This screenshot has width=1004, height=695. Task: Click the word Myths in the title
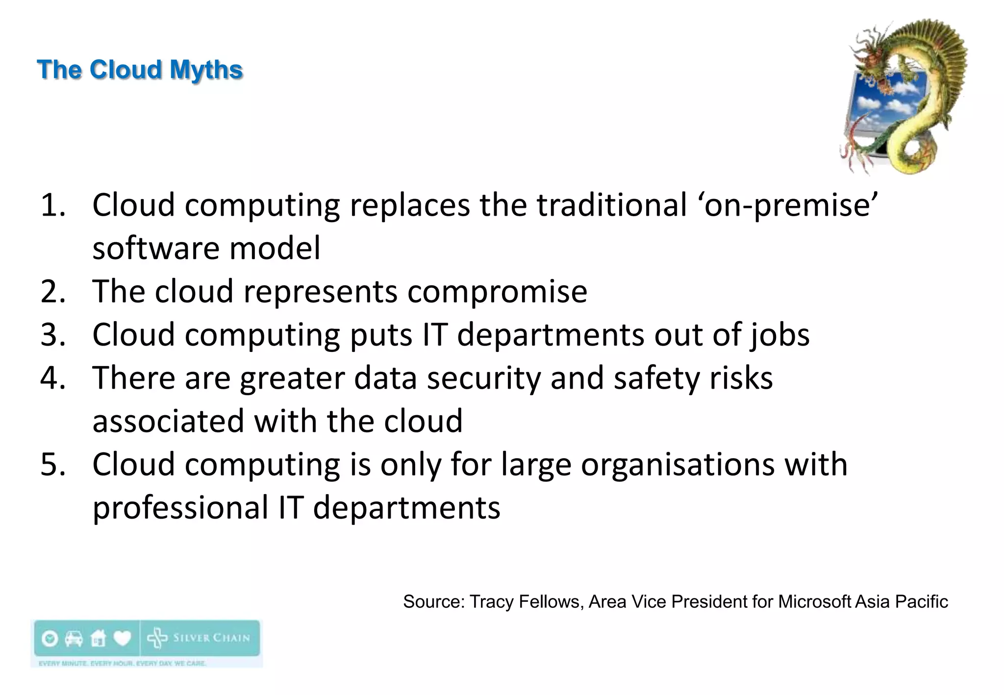coord(206,70)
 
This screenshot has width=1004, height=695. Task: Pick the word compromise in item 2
coord(497,292)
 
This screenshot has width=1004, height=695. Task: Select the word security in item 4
coord(483,378)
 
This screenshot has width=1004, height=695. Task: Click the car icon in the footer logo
coord(74,638)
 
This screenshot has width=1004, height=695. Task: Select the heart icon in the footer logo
coord(122,638)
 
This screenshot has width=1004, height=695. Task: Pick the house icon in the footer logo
coord(98,638)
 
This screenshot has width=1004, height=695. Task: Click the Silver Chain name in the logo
coord(211,638)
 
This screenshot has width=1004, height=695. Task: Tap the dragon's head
coord(871,61)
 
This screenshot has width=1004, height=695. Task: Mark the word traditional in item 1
coord(612,205)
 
